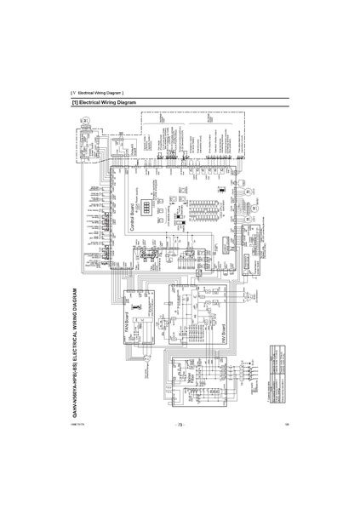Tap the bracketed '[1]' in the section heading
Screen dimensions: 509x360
pyautogui.click(x=76, y=102)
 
